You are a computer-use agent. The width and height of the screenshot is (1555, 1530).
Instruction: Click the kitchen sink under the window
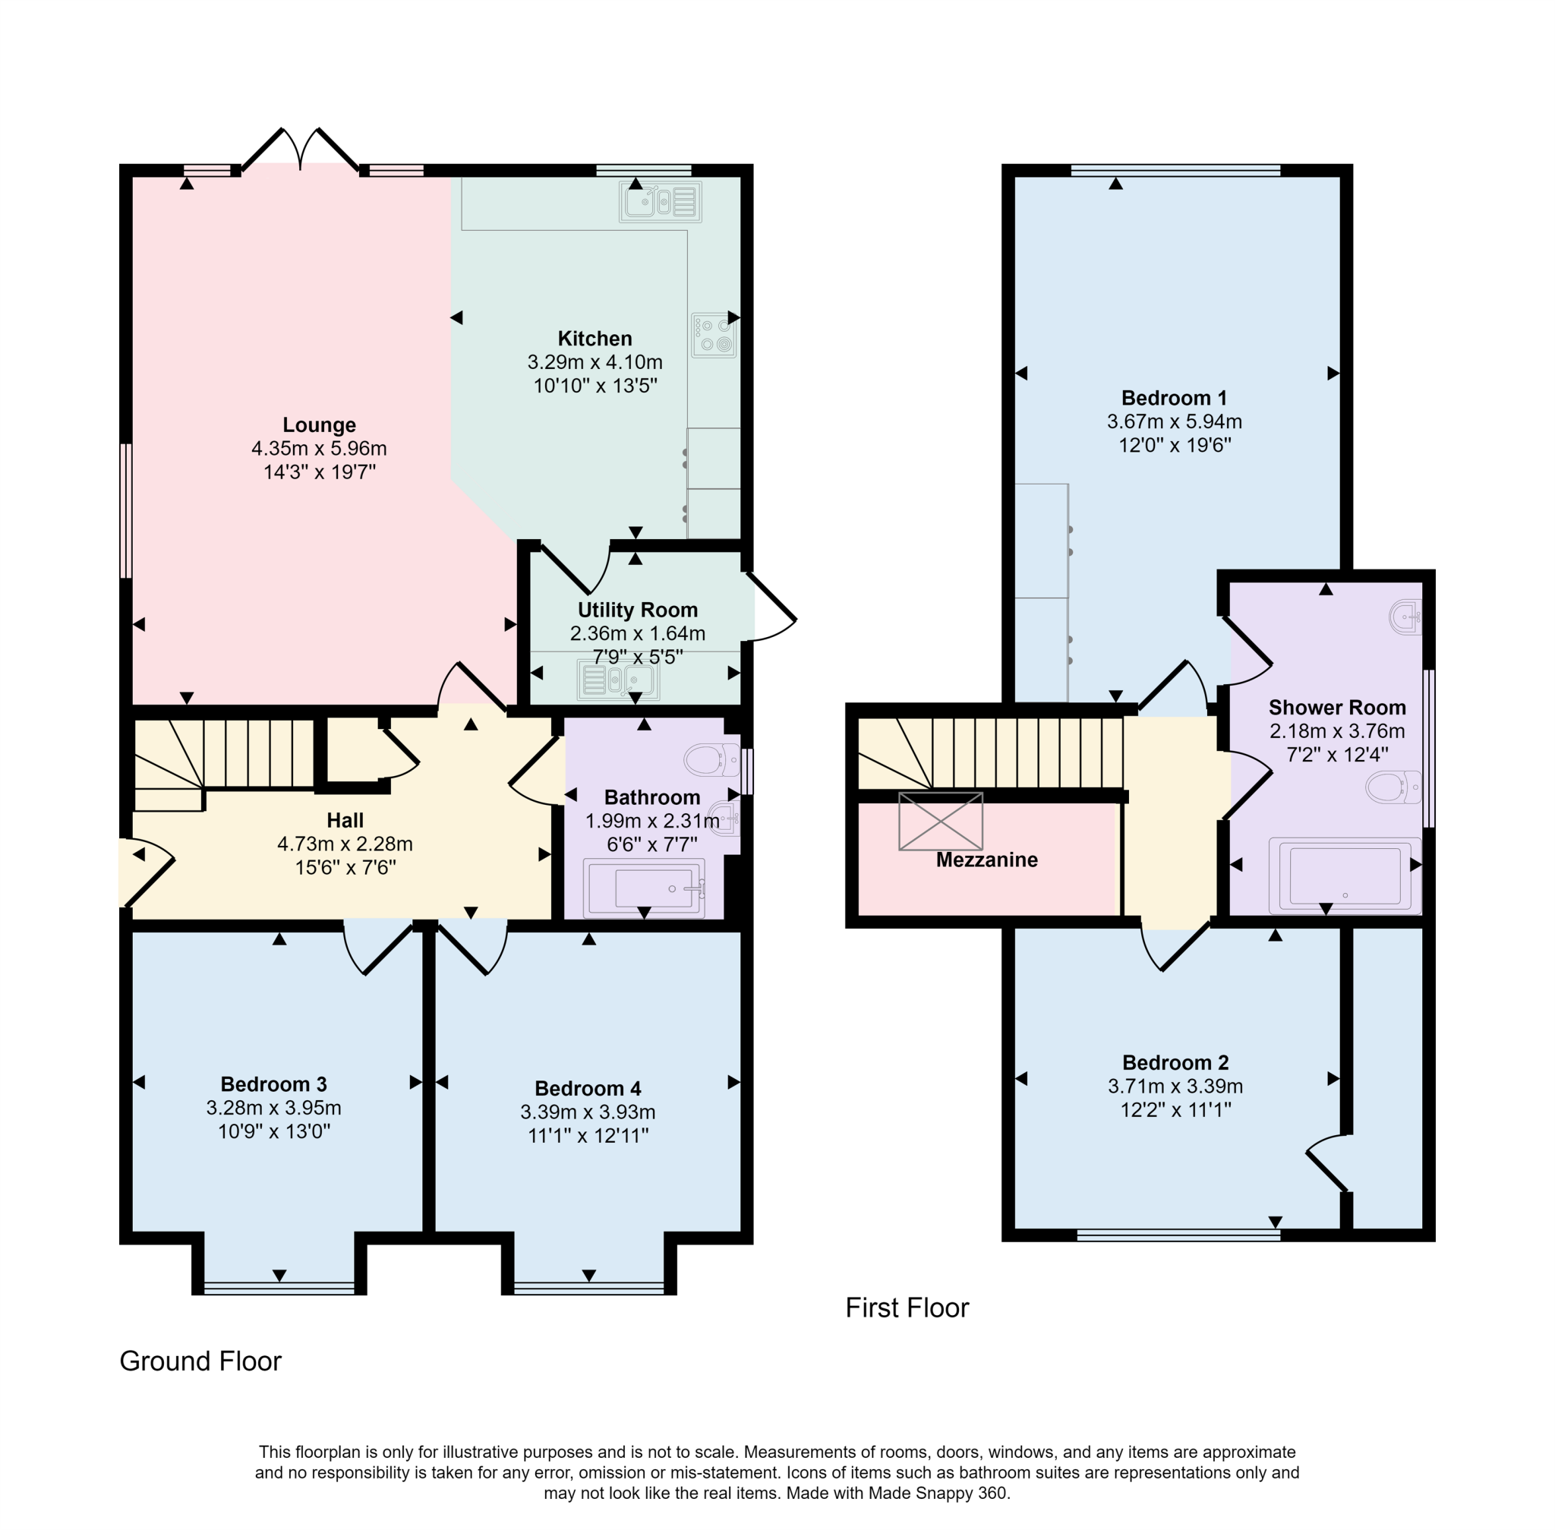coord(660,202)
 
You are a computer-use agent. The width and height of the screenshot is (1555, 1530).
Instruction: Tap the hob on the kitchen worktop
coord(713,335)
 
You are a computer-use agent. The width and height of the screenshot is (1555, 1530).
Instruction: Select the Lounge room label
coord(319,425)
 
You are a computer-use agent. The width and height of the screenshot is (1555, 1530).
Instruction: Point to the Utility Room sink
coord(617,680)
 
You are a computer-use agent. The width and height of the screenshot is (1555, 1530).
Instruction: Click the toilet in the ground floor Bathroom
coord(711,759)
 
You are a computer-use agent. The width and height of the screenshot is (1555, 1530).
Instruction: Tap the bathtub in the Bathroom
coord(645,888)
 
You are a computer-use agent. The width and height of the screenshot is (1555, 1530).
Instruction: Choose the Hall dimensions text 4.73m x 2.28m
coord(345,844)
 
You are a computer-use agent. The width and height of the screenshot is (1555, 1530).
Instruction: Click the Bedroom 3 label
coord(273,1084)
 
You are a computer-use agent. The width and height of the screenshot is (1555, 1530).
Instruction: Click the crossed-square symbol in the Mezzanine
coord(939,822)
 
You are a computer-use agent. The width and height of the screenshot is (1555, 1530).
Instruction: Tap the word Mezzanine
coord(986,860)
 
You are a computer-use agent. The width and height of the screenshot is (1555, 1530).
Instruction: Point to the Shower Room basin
coord(1405,617)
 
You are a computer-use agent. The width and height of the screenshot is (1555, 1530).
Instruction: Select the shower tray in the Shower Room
coord(1344,877)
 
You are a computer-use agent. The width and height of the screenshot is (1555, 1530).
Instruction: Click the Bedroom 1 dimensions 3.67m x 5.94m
coord(1173,421)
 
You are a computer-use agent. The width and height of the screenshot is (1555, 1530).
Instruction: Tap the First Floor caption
coord(907,1308)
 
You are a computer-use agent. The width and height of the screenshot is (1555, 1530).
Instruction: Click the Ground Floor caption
coord(200,1361)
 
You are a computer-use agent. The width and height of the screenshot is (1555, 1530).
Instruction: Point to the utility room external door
coord(769,608)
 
